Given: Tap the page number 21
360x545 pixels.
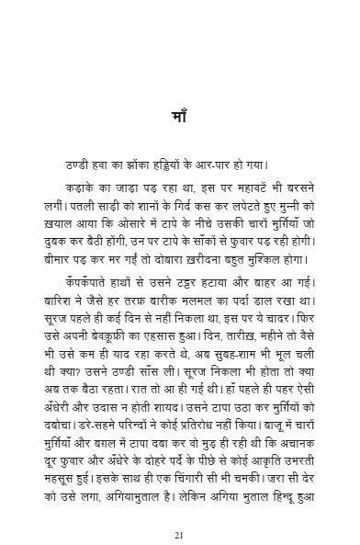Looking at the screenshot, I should (180, 509).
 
